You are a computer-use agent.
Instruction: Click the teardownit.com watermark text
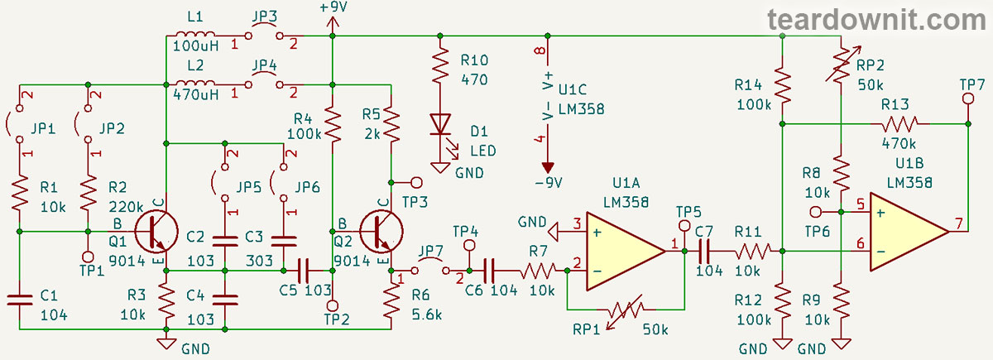(x=875, y=18)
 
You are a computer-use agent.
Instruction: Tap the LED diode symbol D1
(x=439, y=123)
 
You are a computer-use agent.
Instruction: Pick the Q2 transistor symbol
(x=380, y=232)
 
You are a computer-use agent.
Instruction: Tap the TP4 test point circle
(x=470, y=245)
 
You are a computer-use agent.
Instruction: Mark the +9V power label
(x=332, y=7)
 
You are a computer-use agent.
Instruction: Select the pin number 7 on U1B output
(x=959, y=223)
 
